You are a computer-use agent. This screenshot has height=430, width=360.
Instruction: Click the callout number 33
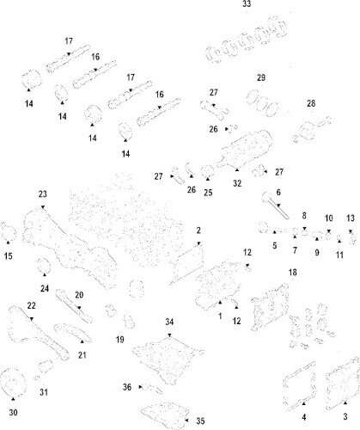click(x=247, y=5)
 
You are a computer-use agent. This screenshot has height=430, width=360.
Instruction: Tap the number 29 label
click(x=261, y=78)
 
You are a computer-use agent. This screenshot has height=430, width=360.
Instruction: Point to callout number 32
click(x=237, y=183)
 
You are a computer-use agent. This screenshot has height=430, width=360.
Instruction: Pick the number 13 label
click(x=350, y=218)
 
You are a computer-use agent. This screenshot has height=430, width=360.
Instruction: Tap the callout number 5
click(x=275, y=245)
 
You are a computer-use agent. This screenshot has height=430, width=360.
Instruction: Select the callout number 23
click(x=40, y=193)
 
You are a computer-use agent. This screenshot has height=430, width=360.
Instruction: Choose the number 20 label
click(x=79, y=295)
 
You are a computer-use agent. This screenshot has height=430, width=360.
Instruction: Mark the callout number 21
click(x=82, y=354)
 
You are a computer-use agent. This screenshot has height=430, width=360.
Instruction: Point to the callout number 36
click(x=127, y=387)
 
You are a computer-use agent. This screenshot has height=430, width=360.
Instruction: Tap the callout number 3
click(x=345, y=415)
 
